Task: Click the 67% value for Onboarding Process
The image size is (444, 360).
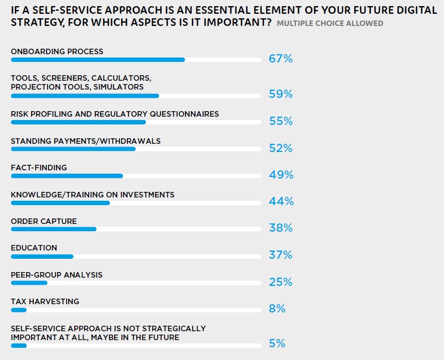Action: (x=280, y=59)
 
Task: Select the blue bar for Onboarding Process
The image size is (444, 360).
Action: (x=97, y=60)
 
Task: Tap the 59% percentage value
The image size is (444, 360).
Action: (x=280, y=94)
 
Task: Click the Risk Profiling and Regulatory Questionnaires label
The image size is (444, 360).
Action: (x=115, y=114)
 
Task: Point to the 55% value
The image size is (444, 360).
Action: (x=280, y=121)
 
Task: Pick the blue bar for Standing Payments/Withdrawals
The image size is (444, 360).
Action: (x=73, y=149)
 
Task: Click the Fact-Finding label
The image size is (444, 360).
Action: (x=39, y=168)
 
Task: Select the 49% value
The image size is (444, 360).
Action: (x=281, y=175)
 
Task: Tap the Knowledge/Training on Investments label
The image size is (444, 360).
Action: (x=92, y=195)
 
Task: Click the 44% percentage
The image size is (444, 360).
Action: (x=281, y=201)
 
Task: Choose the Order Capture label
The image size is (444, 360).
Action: (x=44, y=221)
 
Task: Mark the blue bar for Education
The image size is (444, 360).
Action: (x=42, y=257)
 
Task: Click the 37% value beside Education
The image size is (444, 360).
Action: (x=280, y=255)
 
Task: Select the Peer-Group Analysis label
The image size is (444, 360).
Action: (x=56, y=275)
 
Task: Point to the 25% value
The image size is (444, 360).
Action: (x=280, y=282)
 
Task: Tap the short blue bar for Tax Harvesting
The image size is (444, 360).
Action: (x=19, y=310)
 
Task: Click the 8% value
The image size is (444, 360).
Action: (x=277, y=309)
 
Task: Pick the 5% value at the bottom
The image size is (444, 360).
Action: (x=277, y=343)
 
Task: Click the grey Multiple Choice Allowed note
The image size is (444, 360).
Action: (x=329, y=24)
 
